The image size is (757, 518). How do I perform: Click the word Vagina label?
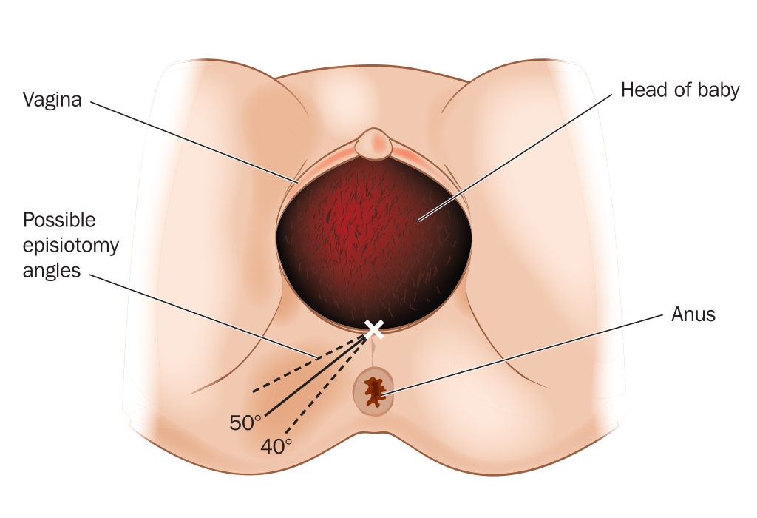point(52,100)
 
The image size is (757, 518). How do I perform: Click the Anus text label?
point(693,314)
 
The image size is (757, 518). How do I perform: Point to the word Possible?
point(59,220)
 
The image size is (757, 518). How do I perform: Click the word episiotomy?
point(70,246)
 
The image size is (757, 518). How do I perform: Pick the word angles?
point(52,271)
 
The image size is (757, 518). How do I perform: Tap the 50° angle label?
point(245,423)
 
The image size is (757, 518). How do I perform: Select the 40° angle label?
point(276,446)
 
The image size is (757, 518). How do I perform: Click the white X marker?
point(374,329)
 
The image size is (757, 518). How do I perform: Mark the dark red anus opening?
point(373,392)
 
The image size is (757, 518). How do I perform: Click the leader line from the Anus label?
point(523,355)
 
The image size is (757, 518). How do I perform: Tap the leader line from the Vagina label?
point(194,143)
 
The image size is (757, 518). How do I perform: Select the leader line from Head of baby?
point(515,158)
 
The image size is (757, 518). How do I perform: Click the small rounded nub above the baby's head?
point(373,144)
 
